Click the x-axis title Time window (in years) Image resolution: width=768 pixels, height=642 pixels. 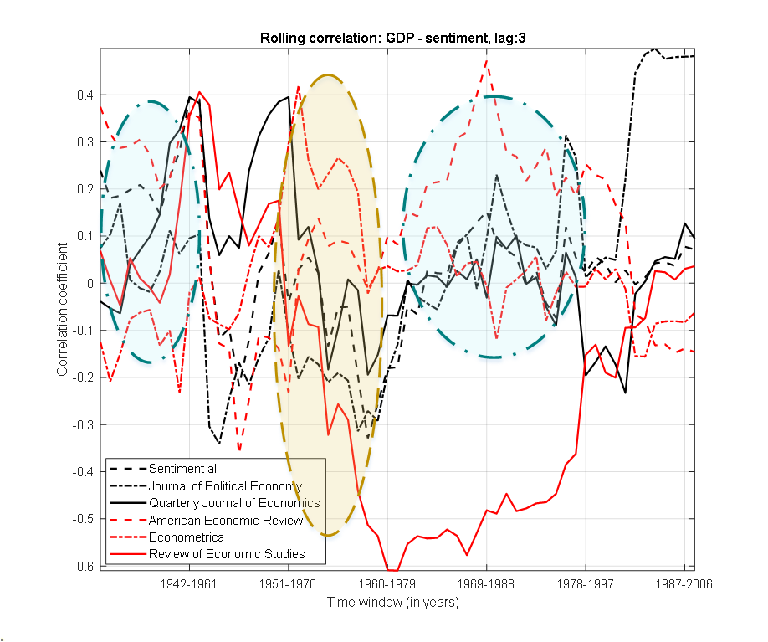coord(393,602)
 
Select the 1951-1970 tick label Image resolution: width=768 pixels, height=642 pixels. coord(289,583)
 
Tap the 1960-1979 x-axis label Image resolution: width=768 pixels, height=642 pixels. coord(388,583)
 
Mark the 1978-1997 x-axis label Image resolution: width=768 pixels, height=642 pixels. coord(586,583)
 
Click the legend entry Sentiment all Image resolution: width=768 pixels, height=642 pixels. coord(183,469)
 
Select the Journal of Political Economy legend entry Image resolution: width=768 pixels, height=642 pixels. coord(225,485)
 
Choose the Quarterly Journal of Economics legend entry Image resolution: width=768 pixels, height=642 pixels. coord(234,503)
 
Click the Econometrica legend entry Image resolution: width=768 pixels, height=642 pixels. coord(187,537)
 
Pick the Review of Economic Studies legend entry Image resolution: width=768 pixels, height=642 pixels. coord(227,554)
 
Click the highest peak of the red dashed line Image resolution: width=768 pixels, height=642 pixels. coord(487,59)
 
